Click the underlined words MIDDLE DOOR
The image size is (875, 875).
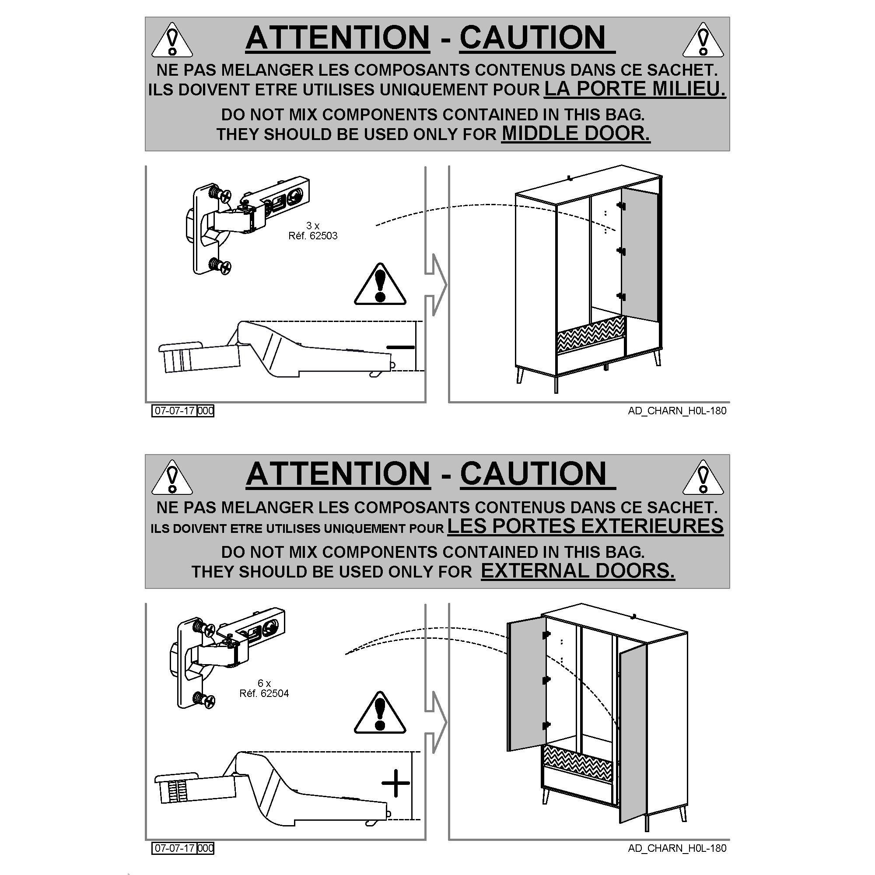click(576, 133)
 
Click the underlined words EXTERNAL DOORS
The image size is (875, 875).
click(578, 571)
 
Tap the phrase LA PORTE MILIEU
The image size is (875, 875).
click(635, 89)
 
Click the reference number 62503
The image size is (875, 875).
click(323, 236)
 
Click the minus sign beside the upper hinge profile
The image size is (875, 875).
click(401, 347)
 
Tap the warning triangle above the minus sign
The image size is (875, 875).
click(380, 284)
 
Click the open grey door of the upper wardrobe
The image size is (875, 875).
click(640, 255)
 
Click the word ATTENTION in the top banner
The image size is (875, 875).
click(337, 37)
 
